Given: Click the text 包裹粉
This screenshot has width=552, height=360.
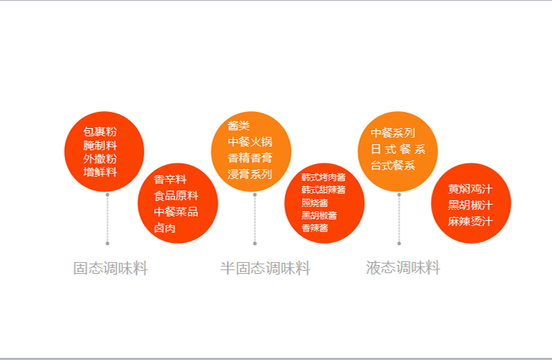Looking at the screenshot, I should point(100,132).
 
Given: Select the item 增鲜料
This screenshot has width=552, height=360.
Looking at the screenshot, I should point(100,172).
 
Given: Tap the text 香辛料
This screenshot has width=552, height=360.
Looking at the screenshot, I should point(170,180).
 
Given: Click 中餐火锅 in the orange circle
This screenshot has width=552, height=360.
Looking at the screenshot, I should point(250,141).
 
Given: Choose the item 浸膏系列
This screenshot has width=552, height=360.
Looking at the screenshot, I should point(250,174).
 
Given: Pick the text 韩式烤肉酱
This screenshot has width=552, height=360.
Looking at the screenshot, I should point(323,177).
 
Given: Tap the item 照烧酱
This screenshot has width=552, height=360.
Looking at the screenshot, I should point(314,202).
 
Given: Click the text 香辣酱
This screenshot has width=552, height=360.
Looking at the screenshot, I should point(314,228).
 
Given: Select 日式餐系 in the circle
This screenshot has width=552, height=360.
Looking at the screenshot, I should point(397,149).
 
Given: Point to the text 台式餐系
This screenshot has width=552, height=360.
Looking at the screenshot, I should point(392,166).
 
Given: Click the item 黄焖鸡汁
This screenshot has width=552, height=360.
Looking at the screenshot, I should point(470,188).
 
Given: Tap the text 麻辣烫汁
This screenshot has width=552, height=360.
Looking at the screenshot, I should point(470,221).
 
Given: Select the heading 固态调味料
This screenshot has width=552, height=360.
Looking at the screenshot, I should point(110,269).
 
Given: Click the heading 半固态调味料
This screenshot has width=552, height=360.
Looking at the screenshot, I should point(265,269).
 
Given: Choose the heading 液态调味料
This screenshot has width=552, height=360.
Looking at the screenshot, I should point(403,268).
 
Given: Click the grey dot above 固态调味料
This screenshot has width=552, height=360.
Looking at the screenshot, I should point(107,243).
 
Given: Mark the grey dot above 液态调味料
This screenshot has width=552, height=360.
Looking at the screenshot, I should point(399,243).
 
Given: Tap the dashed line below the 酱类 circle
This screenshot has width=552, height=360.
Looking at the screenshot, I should point(255,218).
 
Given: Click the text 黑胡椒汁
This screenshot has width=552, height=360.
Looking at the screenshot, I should point(470,205).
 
